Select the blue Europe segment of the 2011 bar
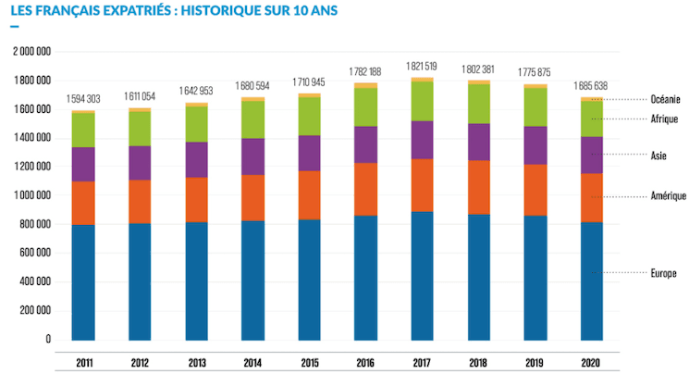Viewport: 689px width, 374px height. pos(84,282)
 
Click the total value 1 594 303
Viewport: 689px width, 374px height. pos(84,98)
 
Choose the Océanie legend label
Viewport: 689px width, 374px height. pos(662,99)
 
